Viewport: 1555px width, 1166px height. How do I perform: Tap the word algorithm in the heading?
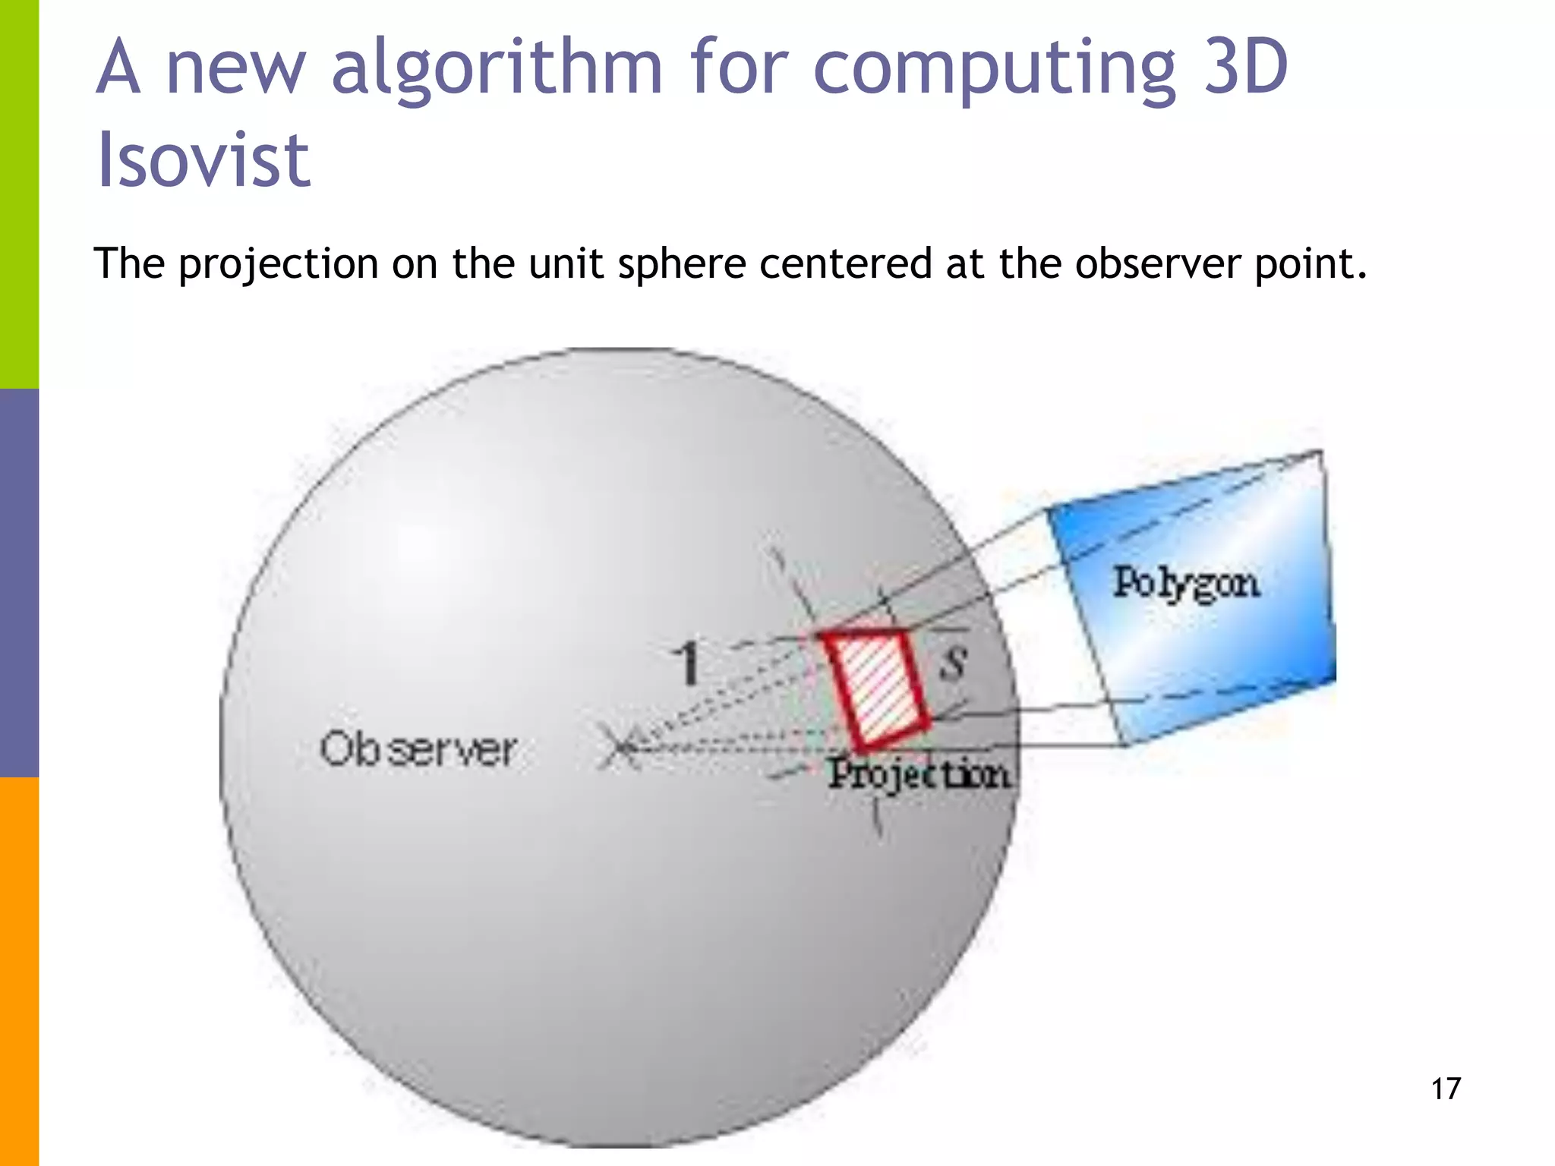pyautogui.click(x=497, y=70)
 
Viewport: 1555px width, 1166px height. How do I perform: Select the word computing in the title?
pyautogui.click(x=994, y=70)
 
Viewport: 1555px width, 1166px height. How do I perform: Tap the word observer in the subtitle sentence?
pyautogui.click(x=1157, y=264)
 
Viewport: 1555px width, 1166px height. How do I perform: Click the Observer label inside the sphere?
pyautogui.click(x=418, y=750)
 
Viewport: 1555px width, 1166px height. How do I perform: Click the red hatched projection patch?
pyautogui.click(x=878, y=687)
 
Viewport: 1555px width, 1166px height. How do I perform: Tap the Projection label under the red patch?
pyautogui.click(x=919, y=774)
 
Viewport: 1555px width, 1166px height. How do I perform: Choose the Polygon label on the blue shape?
pyautogui.click(x=1186, y=584)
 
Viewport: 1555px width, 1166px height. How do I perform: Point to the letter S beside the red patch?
pyautogui.click(x=954, y=660)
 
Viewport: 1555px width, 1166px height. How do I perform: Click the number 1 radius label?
pyautogui.click(x=688, y=663)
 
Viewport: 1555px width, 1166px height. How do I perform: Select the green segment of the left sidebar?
pyautogui.click(x=19, y=194)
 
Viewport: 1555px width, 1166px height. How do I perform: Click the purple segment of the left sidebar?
pyautogui.click(x=19, y=583)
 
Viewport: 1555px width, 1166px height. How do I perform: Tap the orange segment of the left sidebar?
pyautogui.click(x=19, y=972)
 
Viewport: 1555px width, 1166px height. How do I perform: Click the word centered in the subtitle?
pyautogui.click(x=845, y=264)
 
